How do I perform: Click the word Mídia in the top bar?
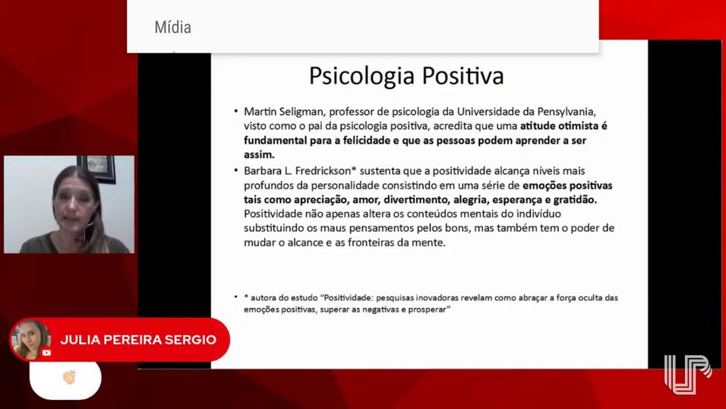172,27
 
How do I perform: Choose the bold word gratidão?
575,200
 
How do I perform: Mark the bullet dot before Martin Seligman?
235,111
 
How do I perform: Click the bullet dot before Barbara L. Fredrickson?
235,170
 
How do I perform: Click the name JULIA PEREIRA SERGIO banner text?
138,340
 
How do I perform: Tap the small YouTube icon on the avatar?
46,353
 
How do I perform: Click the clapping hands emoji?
69,378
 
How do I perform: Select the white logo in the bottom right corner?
687,375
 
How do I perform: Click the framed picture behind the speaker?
97,167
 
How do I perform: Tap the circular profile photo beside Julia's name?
30,340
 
